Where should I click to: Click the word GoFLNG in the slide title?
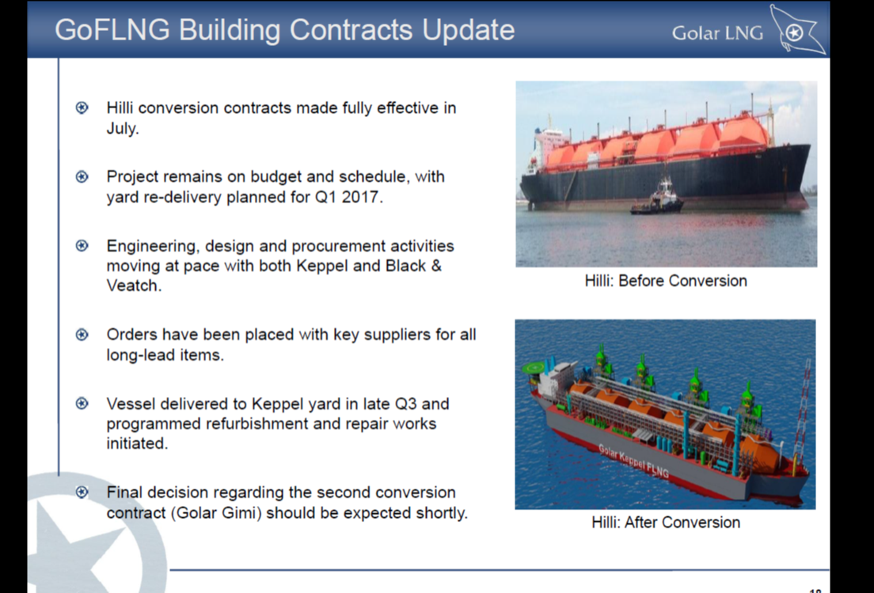[x=112, y=29]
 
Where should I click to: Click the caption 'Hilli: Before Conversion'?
[x=666, y=281]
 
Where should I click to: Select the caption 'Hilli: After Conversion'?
[x=666, y=523]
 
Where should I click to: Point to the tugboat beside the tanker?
[x=658, y=198]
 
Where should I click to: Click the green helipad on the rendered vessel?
[x=534, y=368]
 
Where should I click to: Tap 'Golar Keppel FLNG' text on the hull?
[x=634, y=461]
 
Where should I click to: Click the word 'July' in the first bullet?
[x=121, y=129]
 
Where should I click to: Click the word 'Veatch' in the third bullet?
[x=132, y=285]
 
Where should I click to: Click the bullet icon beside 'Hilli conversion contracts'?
[x=82, y=108]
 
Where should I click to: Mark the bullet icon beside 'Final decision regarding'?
[x=82, y=493]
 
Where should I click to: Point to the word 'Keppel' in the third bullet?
[x=322, y=266]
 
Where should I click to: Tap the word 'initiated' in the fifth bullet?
[x=136, y=444]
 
